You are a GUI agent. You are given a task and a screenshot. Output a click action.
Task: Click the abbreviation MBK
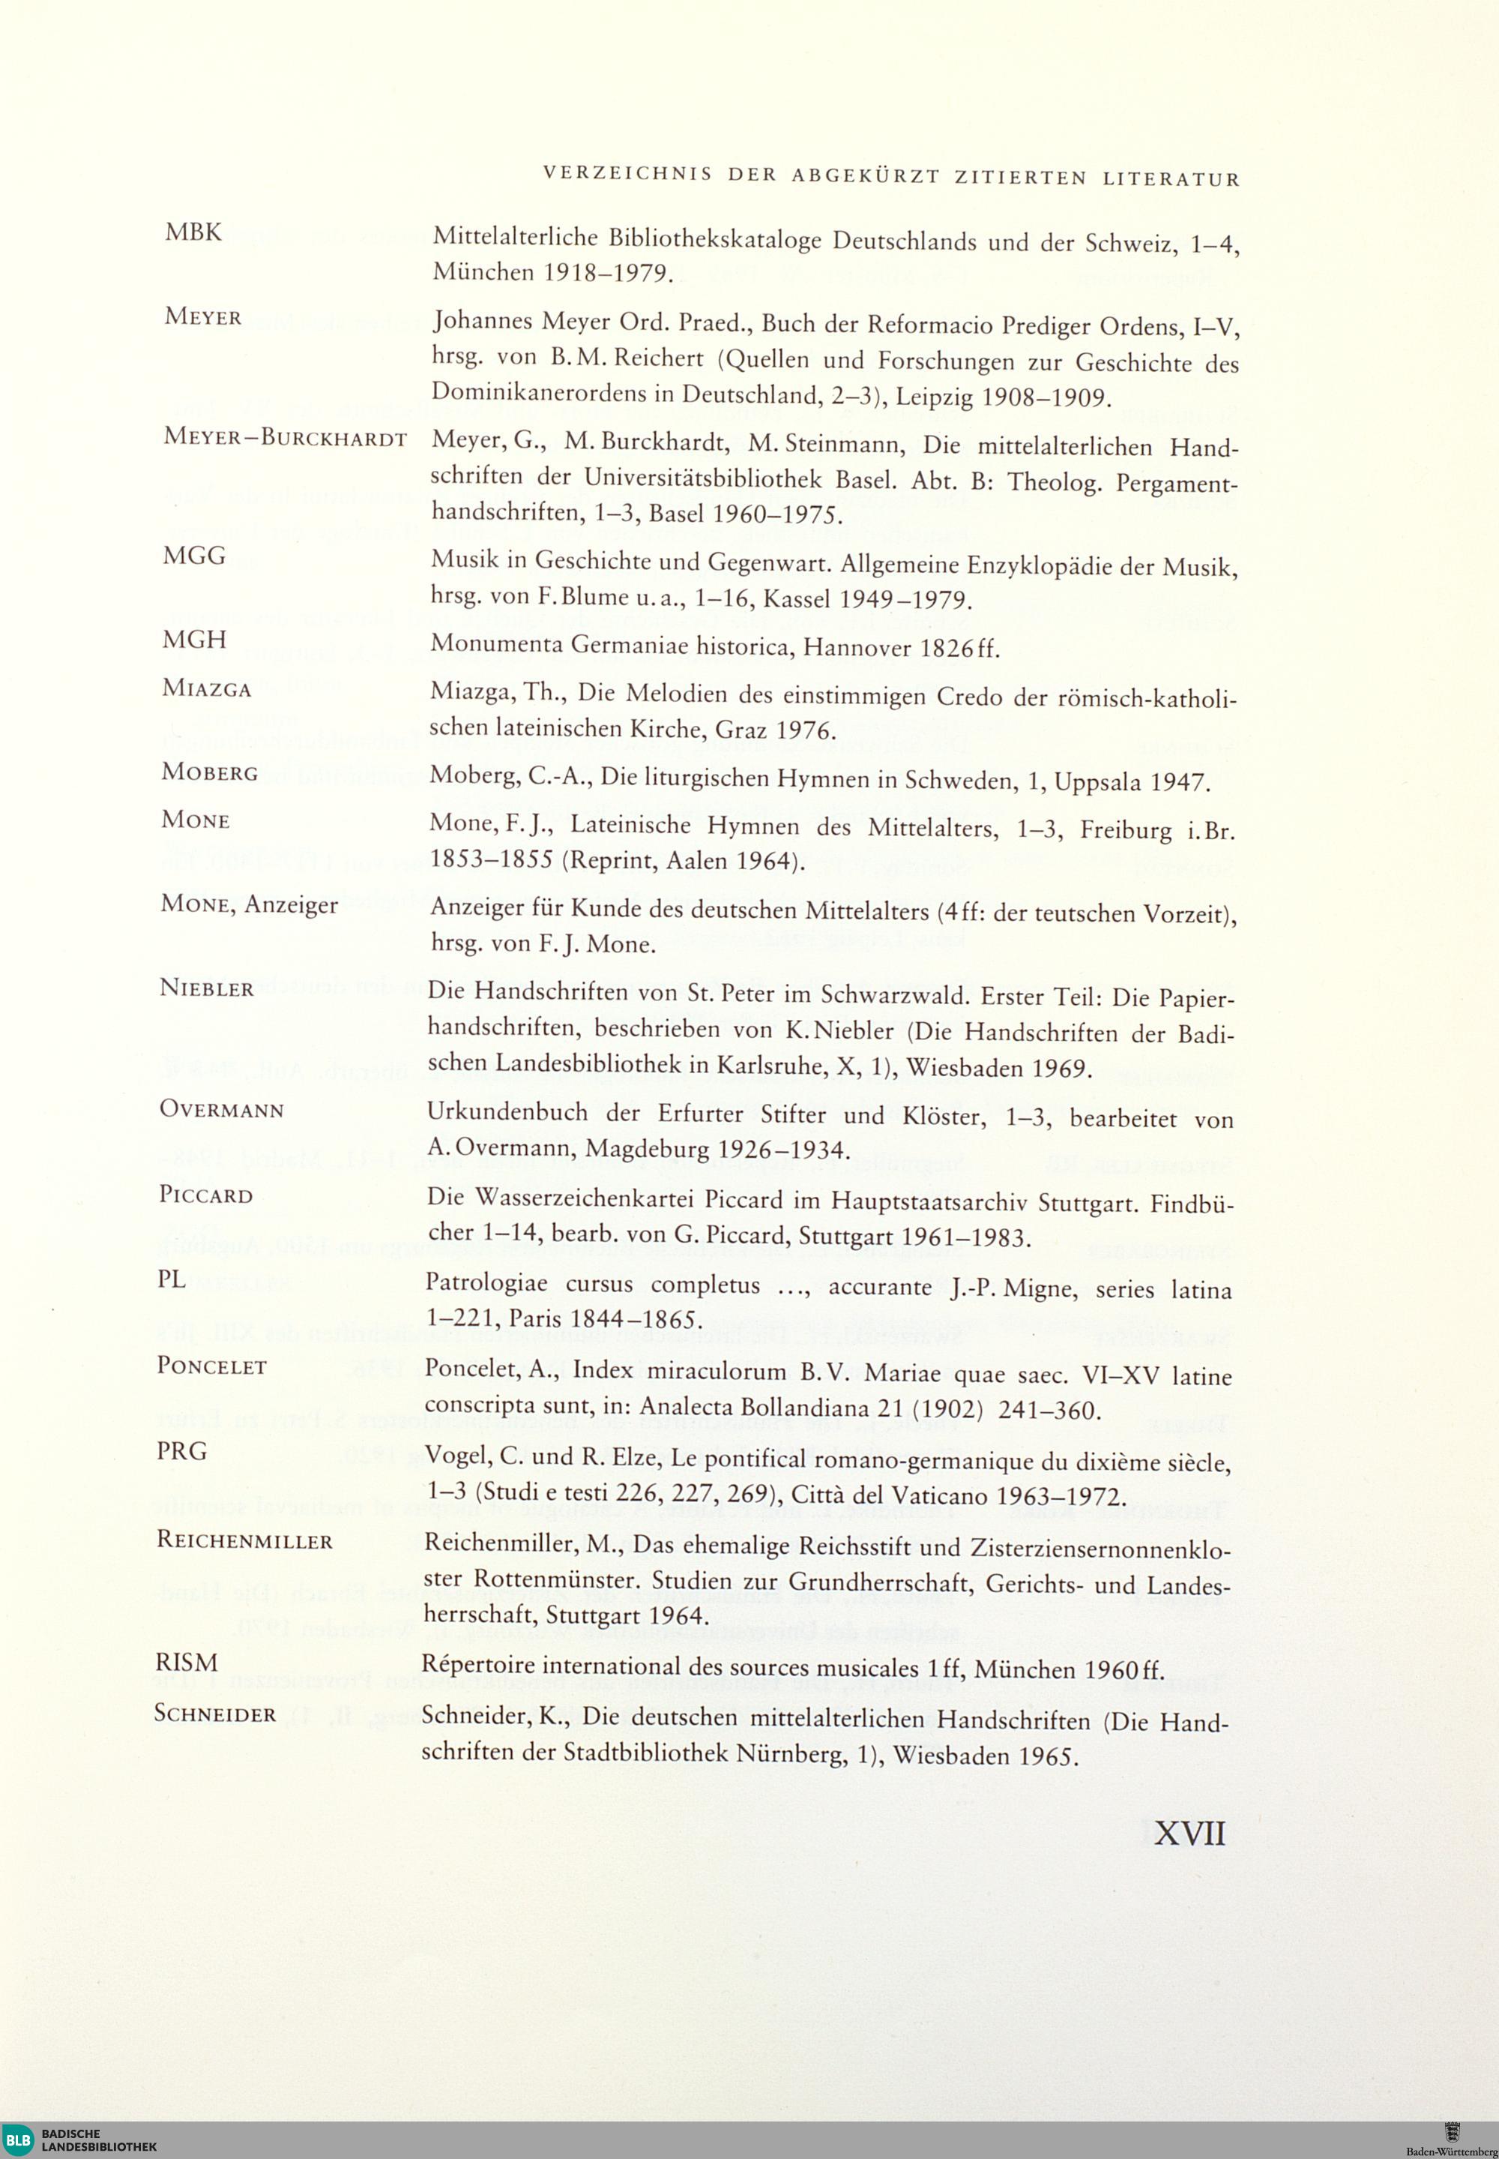click(x=193, y=232)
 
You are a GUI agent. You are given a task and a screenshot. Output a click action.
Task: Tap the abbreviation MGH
click(x=194, y=639)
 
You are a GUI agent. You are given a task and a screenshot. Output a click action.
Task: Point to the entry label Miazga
click(x=207, y=688)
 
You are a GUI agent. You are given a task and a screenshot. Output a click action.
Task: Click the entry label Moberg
click(x=209, y=772)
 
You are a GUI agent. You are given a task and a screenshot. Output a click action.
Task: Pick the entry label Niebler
click(x=207, y=988)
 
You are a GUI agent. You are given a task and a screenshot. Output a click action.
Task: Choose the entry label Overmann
click(x=222, y=1110)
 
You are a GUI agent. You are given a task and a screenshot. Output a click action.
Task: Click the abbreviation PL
click(x=172, y=1279)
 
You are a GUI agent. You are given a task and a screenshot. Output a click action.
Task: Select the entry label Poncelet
click(x=212, y=1366)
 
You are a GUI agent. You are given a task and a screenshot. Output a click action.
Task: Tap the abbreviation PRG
click(x=181, y=1452)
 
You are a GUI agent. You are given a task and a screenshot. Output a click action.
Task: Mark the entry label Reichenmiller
click(x=244, y=1541)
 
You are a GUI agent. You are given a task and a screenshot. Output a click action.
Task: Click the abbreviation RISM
click(x=186, y=1663)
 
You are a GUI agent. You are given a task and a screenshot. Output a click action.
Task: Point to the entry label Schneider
click(x=215, y=1714)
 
